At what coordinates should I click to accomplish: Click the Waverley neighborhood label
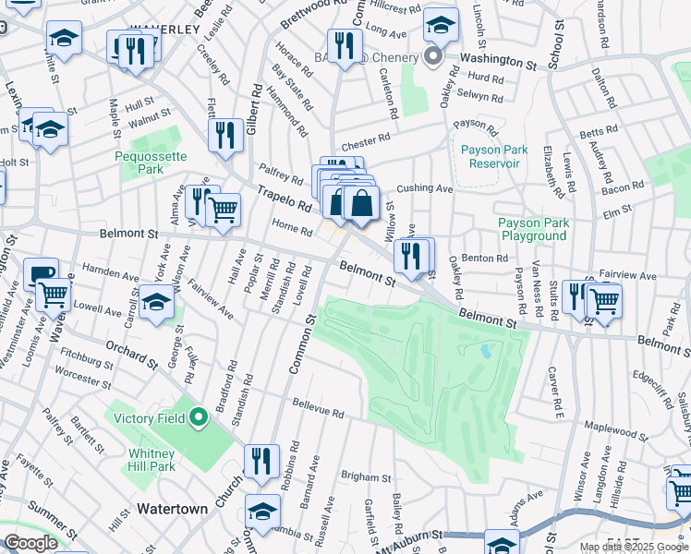tap(164, 30)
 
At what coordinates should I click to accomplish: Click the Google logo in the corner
tap(30, 542)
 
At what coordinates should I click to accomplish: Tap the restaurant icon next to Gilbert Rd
tap(225, 136)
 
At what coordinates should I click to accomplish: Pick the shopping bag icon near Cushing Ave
tap(362, 203)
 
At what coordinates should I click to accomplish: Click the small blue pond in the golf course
tap(486, 352)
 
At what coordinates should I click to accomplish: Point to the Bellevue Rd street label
tap(318, 405)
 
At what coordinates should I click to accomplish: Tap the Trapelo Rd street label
tap(281, 197)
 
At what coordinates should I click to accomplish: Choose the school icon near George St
tap(156, 302)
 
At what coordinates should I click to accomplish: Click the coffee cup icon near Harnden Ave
tap(40, 274)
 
